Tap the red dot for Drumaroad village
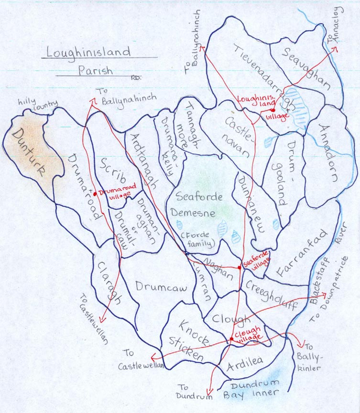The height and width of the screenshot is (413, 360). click(96, 194)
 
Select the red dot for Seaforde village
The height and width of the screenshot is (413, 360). click(240, 268)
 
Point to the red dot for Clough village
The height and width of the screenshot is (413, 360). click(231, 339)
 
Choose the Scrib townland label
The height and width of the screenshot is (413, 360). click(113, 170)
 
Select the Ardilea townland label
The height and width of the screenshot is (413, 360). click(244, 365)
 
